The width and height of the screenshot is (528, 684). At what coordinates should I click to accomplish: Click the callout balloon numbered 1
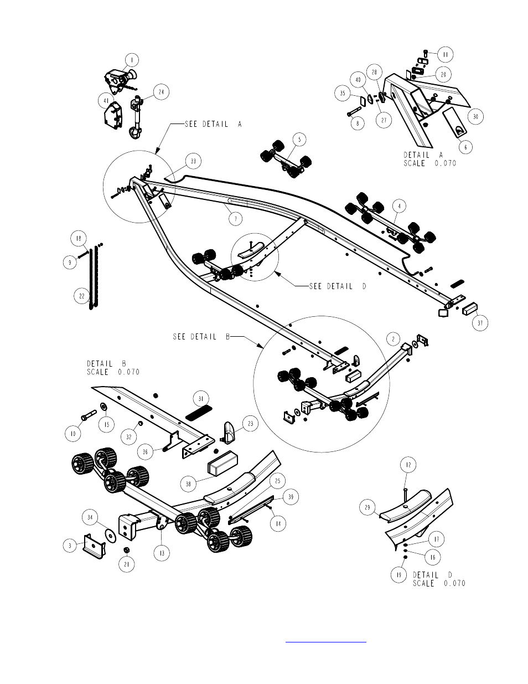tap(131, 59)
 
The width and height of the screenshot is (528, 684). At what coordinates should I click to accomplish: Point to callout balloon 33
tap(193, 161)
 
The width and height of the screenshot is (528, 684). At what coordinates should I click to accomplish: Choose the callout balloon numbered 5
tap(299, 140)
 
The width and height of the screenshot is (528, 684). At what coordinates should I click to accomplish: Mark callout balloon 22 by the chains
tap(82, 296)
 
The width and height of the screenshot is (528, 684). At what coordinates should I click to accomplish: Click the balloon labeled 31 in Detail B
tap(201, 399)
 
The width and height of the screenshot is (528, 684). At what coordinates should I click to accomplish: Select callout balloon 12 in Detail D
tap(408, 465)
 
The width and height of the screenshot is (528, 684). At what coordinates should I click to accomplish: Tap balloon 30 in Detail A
tap(475, 116)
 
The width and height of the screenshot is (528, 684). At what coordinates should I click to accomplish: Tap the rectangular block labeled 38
tap(222, 464)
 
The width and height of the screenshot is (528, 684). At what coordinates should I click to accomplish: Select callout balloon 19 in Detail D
tap(398, 575)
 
